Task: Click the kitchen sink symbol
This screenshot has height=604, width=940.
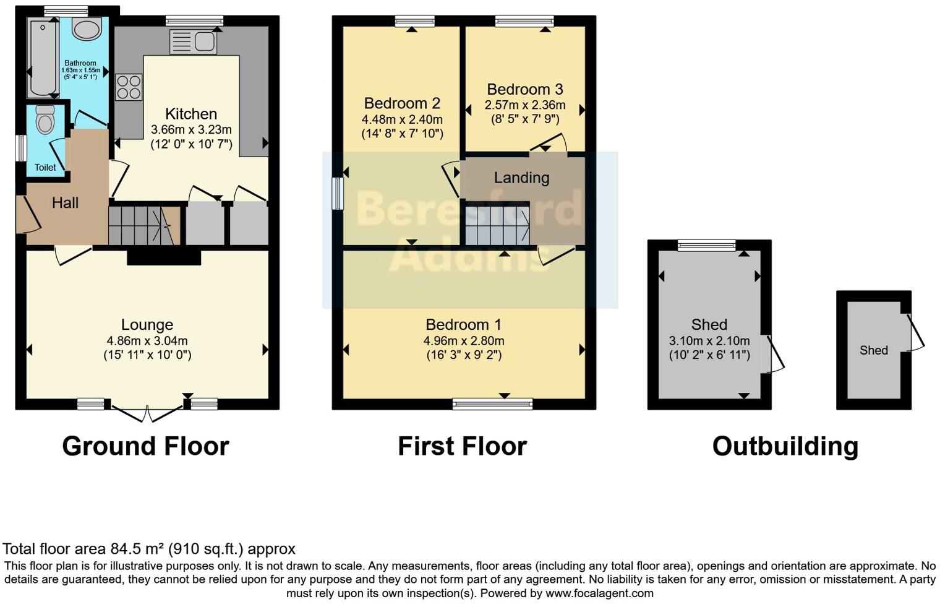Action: [193, 41]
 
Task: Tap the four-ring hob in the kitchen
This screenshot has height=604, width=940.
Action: [129, 87]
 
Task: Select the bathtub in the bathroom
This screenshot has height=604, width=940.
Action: [42, 58]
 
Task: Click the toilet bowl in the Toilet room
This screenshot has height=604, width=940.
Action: [45, 119]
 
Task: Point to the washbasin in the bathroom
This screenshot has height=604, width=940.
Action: [87, 28]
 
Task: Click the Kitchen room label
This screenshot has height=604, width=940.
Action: [191, 114]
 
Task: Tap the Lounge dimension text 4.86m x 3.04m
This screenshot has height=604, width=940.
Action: [147, 340]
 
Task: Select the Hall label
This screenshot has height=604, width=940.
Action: [65, 203]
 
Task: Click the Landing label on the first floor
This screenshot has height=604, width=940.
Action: [521, 178]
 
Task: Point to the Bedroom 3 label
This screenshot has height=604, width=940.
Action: [524, 89]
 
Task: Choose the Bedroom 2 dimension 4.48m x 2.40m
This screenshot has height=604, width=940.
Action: [402, 119]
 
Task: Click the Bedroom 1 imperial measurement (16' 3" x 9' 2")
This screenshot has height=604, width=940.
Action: [463, 355]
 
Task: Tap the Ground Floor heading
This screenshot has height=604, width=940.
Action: [145, 446]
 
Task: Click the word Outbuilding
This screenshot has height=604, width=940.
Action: [785, 446]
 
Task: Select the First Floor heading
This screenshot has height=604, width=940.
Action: [462, 446]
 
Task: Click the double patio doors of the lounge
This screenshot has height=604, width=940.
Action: [147, 412]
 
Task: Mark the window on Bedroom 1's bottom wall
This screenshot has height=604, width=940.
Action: [492, 405]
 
